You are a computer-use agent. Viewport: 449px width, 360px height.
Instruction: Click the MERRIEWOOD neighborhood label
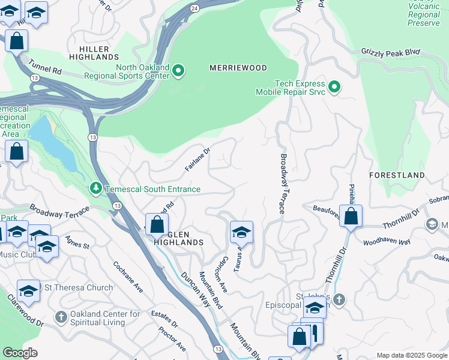(238, 68)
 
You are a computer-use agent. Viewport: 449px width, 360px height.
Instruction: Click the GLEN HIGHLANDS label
(179, 238)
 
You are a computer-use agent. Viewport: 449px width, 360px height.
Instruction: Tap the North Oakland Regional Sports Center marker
(178, 72)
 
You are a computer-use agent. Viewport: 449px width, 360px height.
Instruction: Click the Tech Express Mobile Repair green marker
(335, 88)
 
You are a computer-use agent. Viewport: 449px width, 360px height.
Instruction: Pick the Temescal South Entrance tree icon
(95, 189)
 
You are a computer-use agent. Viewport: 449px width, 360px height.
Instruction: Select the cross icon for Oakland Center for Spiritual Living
(61, 316)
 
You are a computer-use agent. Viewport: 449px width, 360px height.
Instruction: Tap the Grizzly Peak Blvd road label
(390, 52)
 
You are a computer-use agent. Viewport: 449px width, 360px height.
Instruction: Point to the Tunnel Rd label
(48, 70)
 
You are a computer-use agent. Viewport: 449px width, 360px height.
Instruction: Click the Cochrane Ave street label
(128, 277)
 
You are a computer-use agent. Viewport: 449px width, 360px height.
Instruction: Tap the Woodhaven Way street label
(387, 242)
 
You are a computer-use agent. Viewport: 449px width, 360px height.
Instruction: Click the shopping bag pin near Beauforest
(351, 216)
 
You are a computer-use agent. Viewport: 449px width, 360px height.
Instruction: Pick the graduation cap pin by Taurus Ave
(241, 232)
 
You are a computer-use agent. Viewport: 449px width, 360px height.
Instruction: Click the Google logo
(20, 353)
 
